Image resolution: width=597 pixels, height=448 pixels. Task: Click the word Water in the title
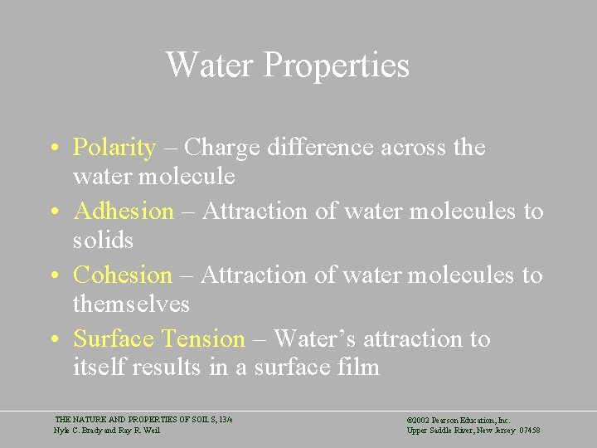click(x=208, y=65)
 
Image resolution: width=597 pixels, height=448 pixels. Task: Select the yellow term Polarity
click(x=114, y=148)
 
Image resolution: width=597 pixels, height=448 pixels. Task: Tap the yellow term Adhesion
click(x=124, y=212)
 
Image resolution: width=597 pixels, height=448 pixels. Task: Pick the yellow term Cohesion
click(x=123, y=275)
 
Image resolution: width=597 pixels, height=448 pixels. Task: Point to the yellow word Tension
click(x=203, y=339)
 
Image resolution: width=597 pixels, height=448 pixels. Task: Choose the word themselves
click(x=131, y=304)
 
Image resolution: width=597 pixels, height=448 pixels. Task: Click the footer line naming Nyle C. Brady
click(x=107, y=431)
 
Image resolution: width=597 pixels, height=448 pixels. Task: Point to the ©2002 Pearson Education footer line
click(x=459, y=420)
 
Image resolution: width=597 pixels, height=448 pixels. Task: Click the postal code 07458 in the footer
click(x=527, y=431)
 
